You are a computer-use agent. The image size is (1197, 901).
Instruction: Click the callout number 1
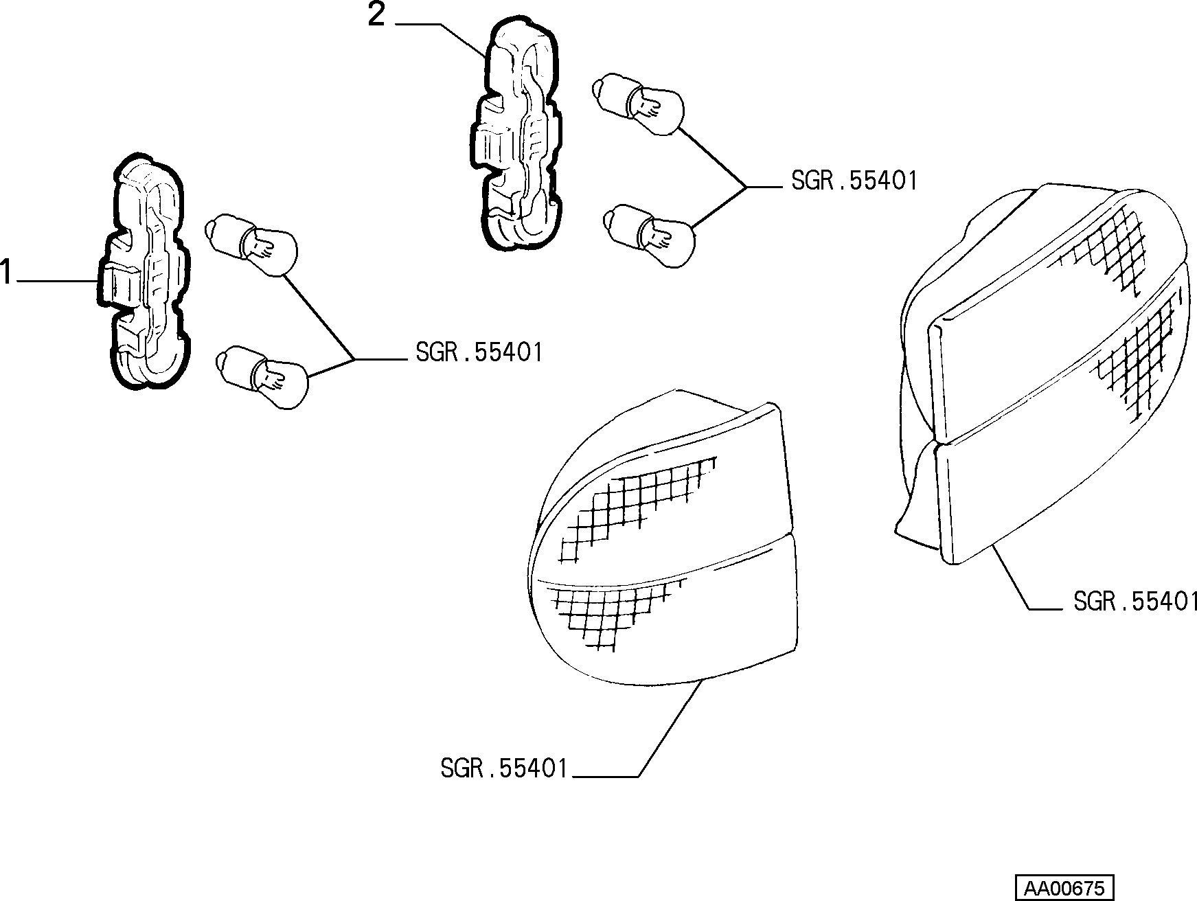[x=6, y=273]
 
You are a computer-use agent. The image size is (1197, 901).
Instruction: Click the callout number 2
[x=377, y=14]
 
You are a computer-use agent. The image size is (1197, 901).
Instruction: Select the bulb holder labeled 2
[x=516, y=134]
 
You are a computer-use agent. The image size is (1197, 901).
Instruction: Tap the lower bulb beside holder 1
[x=263, y=377]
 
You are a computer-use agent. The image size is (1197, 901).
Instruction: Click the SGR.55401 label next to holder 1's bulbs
[x=479, y=353]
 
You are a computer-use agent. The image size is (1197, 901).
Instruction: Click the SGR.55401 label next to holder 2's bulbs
[x=854, y=181]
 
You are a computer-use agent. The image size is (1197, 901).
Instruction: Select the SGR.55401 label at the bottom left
[x=505, y=768]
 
